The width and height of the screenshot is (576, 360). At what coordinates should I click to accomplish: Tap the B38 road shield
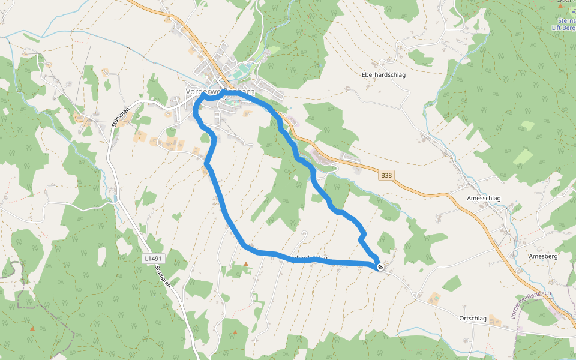pyautogui.click(x=387, y=176)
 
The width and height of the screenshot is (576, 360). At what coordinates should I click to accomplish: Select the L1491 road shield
pyautogui.click(x=152, y=258)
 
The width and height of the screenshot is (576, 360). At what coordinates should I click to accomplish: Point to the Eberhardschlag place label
pyautogui.click(x=384, y=75)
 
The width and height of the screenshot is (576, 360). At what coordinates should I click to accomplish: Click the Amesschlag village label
pyautogui.click(x=484, y=199)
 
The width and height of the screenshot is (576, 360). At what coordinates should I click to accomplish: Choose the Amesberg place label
pyautogui.click(x=544, y=256)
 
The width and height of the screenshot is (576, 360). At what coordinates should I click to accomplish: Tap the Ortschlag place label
pyautogui.click(x=472, y=319)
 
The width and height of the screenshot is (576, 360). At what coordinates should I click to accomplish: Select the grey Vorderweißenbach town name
pyautogui.click(x=220, y=91)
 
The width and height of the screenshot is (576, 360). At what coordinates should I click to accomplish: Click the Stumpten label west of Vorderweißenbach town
pyautogui.click(x=121, y=114)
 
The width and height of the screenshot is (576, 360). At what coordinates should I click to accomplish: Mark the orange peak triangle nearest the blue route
pyautogui.click(x=245, y=264)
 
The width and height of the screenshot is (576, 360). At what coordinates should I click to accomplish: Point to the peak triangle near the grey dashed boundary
pyautogui.click(x=32, y=328)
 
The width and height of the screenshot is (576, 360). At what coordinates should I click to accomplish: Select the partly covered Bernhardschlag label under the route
pyautogui.click(x=308, y=258)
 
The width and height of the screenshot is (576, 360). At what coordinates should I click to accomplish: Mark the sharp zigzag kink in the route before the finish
pyautogui.click(x=362, y=239)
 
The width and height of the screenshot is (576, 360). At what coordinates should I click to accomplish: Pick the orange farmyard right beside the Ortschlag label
pyautogui.click(x=495, y=319)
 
